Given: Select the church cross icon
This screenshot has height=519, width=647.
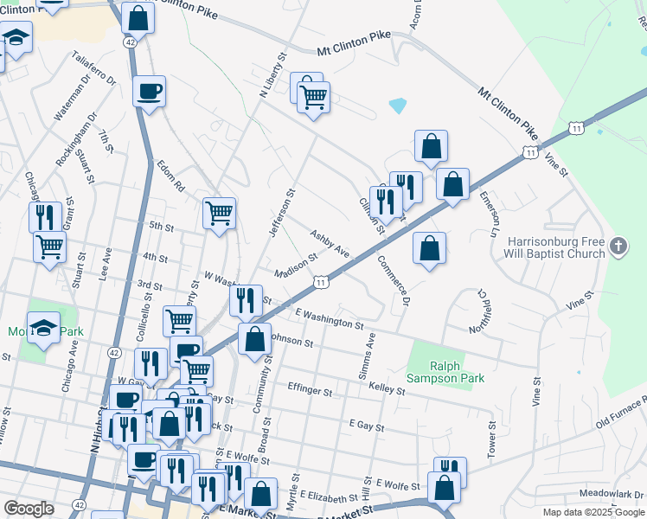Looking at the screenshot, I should click(x=618, y=247).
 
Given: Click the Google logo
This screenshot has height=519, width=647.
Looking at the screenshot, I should click(x=29, y=509).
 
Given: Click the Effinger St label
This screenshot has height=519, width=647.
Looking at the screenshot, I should click(x=311, y=392).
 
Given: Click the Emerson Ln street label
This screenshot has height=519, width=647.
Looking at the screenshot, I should click(x=490, y=215).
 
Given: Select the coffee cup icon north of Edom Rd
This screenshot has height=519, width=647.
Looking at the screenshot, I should click(x=150, y=91).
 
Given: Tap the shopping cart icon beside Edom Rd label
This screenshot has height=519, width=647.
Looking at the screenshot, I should click(x=220, y=212).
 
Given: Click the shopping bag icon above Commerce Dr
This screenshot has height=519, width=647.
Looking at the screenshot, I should click(x=429, y=249).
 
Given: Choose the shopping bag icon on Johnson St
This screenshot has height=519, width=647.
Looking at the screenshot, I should click(x=254, y=338).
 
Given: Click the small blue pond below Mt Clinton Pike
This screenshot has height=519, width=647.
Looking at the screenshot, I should click(x=398, y=106).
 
